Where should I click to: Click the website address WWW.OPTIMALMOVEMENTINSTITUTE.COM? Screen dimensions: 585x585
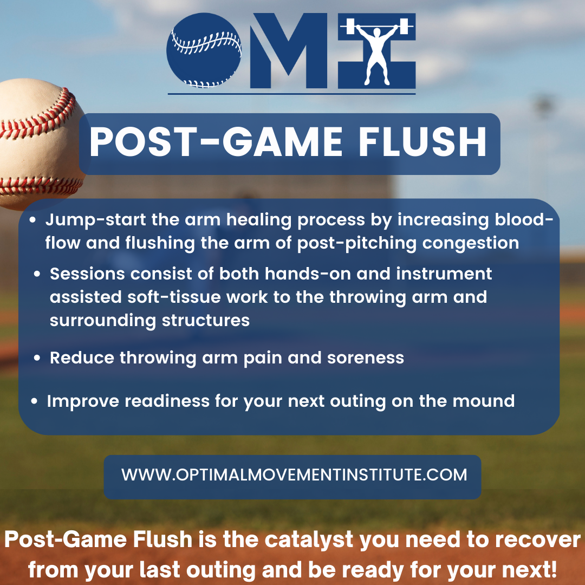click(294, 475)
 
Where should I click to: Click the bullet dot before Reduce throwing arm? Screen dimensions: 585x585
click(37, 359)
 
